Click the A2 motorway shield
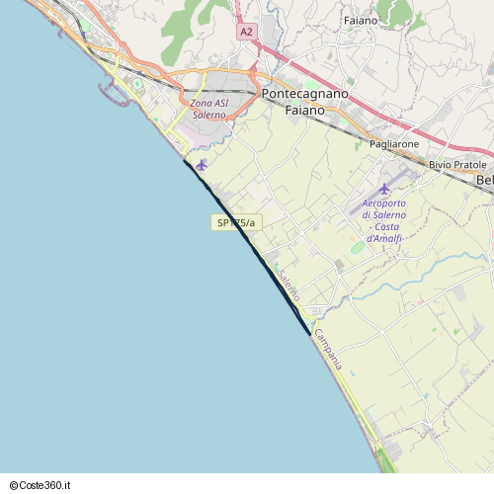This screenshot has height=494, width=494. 246,33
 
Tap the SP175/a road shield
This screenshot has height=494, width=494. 235,222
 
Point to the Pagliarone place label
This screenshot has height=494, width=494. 394,144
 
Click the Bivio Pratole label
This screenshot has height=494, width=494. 457,164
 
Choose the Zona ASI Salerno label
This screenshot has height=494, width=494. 208,109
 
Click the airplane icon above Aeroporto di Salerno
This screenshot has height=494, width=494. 384,188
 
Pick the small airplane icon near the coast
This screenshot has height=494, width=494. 202,165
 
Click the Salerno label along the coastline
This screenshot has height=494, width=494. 288,286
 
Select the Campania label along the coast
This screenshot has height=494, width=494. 328,350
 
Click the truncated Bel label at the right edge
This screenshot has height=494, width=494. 484,181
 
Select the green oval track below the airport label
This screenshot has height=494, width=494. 357,246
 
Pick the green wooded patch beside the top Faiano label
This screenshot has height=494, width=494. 398,12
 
